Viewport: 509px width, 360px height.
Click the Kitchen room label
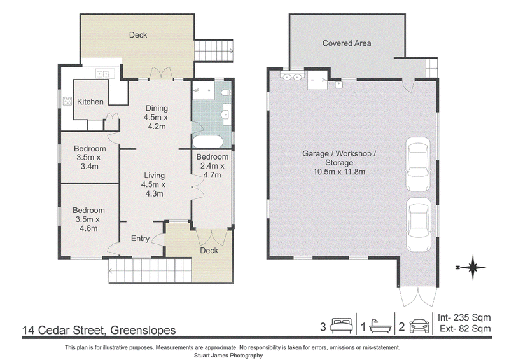coord(90,102)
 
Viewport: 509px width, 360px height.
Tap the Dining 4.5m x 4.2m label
coord(157,117)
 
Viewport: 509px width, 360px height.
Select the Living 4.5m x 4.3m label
coord(154,184)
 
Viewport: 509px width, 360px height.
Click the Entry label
coord(140,239)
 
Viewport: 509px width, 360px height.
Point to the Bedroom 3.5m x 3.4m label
coord(90,158)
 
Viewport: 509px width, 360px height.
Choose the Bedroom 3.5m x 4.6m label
coord(88,219)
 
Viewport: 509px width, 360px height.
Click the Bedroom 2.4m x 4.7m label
coord(213,166)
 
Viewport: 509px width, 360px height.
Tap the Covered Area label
coord(347,43)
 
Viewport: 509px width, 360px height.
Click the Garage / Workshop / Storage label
coord(339,163)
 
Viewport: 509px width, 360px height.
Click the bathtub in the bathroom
coord(208,142)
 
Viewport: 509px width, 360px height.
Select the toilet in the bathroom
coord(226,93)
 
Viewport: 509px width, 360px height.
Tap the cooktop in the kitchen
coord(67,100)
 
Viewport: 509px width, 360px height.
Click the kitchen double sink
coord(103,74)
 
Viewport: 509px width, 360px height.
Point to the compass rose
coord(472,268)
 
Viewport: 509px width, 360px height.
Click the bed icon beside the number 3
coord(341,326)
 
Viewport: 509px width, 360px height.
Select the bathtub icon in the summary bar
coord(380,326)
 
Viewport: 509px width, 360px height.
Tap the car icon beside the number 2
coord(419,326)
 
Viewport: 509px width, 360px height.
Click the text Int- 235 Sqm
coord(464,317)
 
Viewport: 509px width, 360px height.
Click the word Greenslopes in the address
coord(143,330)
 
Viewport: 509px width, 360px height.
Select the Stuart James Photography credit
coord(228,356)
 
